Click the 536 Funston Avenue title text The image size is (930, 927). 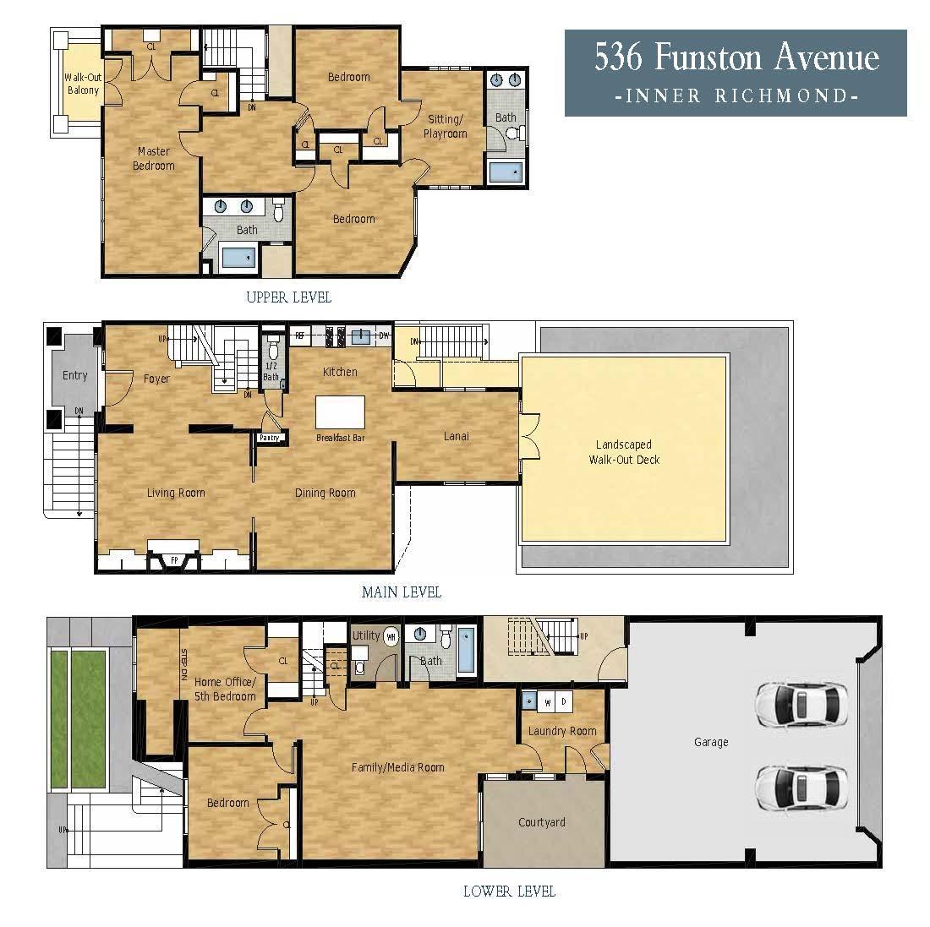[x=736, y=57]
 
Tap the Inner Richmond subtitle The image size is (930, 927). [x=736, y=96]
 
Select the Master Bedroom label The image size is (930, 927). [x=154, y=159]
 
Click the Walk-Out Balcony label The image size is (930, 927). [x=83, y=84]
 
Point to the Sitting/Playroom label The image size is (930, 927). [x=445, y=127]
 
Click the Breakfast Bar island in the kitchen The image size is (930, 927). [x=340, y=413]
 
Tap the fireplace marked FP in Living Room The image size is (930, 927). [x=174, y=559]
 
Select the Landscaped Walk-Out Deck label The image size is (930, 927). [x=624, y=452]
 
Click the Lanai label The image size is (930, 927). [x=457, y=437]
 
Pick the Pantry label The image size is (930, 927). [x=269, y=438]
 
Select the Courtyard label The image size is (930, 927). [x=541, y=822]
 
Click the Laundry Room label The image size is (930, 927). [x=562, y=731]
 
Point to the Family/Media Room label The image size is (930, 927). [x=397, y=767]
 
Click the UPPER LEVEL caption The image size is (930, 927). [x=288, y=297]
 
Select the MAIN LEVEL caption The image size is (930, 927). [x=401, y=592]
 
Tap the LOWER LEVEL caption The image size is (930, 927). [x=509, y=892]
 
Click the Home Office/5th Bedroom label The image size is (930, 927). [x=225, y=690]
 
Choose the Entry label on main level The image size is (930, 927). [x=74, y=375]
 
